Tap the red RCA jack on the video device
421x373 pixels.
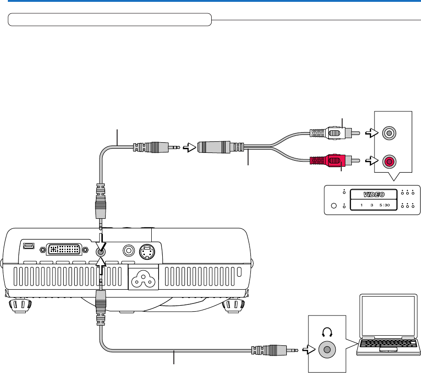click(x=389, y=162)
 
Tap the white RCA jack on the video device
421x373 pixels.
click(x=389, y=133)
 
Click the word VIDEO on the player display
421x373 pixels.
click(x=374, y=194)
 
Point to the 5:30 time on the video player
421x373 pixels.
click(x=385, y=205)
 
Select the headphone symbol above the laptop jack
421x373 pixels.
click(x=327, y=332)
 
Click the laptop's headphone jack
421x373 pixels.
click(x=327, y=350)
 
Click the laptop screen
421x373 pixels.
click(x=388, y=315)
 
